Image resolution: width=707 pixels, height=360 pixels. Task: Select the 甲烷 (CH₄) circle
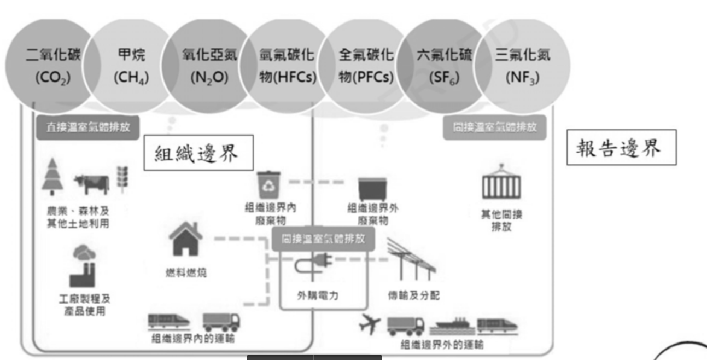[132, 66]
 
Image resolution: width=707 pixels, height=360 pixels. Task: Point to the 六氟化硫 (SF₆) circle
[443, 66]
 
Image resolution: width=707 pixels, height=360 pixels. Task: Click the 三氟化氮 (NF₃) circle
[522, 66]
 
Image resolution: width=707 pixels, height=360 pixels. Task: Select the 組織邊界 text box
[198, 154]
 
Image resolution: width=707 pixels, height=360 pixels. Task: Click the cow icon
[92, 184]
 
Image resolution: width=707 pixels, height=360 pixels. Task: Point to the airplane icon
[370, 326]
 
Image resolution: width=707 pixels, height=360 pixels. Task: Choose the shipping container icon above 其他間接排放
[501, 183]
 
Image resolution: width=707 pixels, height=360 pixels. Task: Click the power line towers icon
[411, 260]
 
